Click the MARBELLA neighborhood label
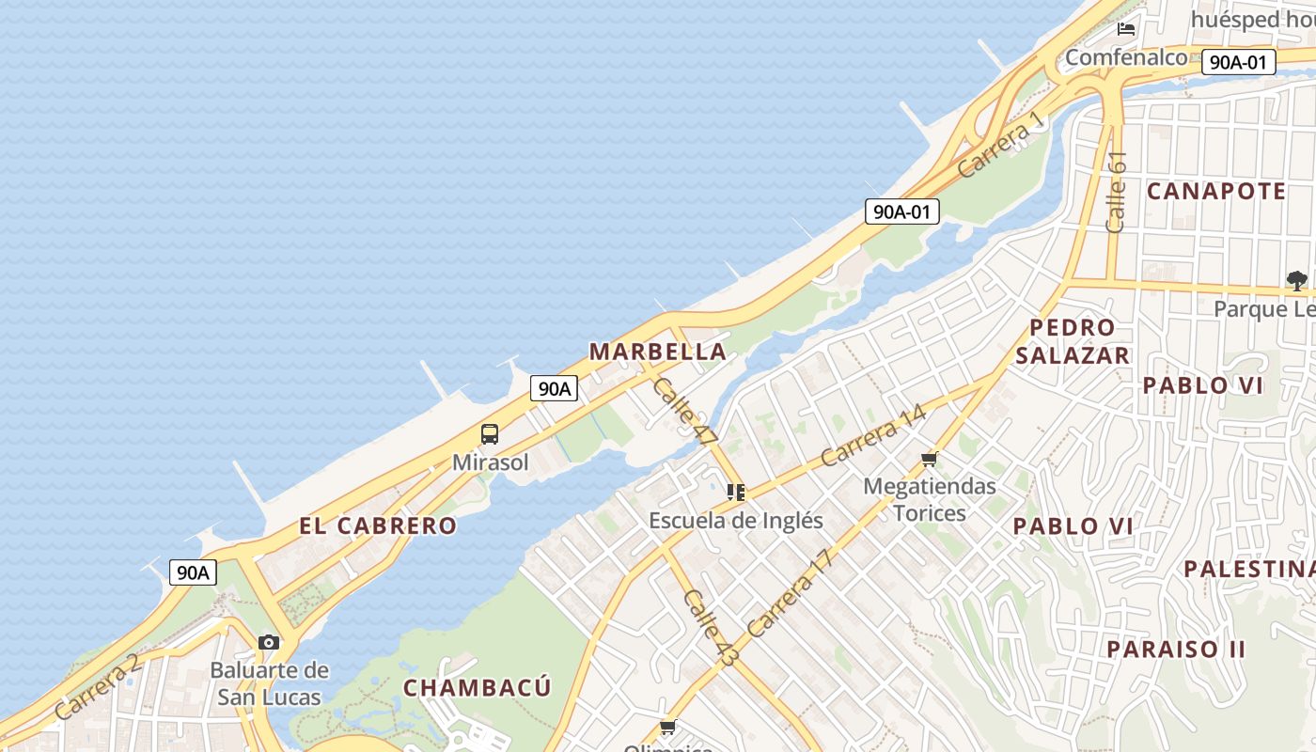[x=657, y=352]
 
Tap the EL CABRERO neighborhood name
[x=378, y=525]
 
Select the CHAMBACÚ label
[x=477, y=687]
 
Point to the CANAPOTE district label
[x=1216, y=191]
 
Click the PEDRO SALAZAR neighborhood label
[x=1073, y=341]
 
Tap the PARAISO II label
[x=1176, y=649]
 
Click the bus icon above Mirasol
[x=490, y=434]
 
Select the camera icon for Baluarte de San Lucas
[x=269, y=643]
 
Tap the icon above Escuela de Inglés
[x=736, y=492]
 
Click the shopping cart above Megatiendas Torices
[x=930, y=460]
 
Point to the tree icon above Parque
[x=1297, y=280]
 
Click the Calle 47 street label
[x=685, y=411]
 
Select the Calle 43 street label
[x=711, y=628]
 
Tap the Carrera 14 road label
[x=872, y=435]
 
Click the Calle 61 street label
[x=1116, y=192]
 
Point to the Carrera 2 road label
[x=97, y=688]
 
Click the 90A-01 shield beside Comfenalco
[x=1239, y=62]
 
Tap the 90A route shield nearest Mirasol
[x=554, y=388]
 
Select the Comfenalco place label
[x=1126, y=57]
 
